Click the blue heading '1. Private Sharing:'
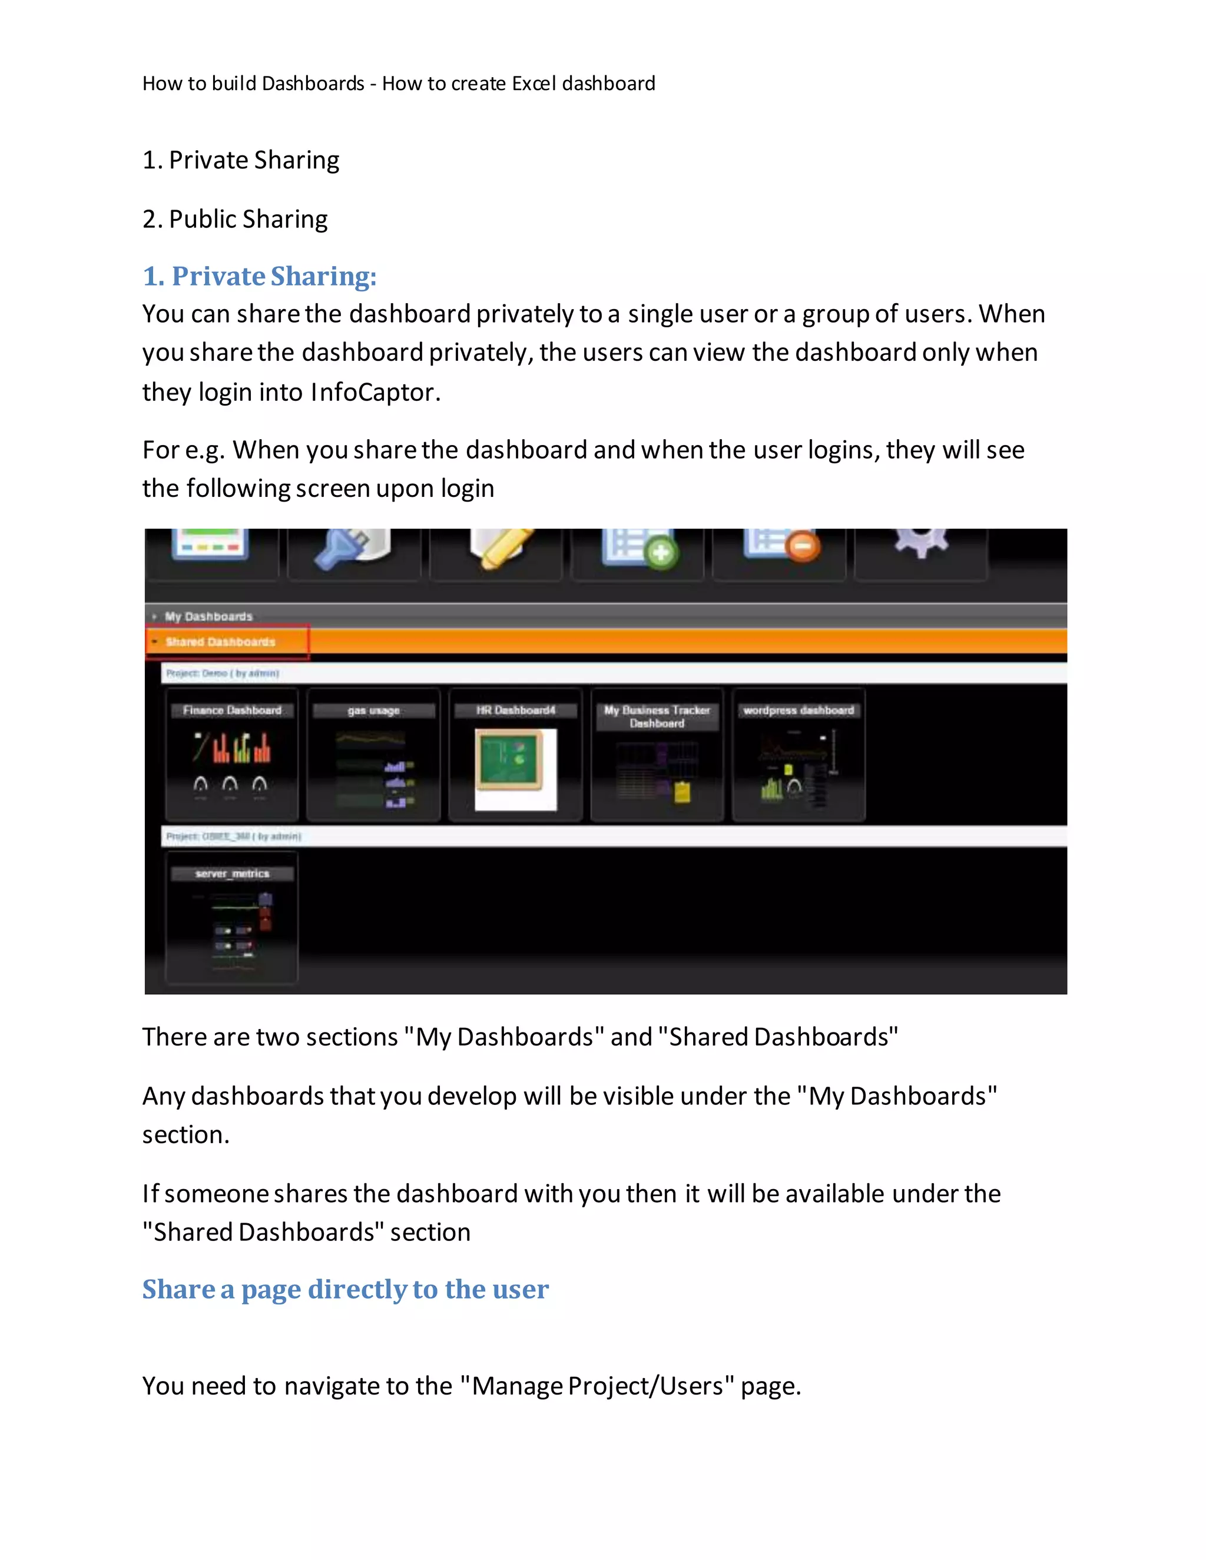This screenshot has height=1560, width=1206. pyautogui.click(x=259, y=277)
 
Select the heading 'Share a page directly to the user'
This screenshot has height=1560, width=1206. pyautogui.click(x=345, y=1289)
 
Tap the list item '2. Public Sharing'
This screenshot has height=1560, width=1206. pyautogui.click(x=235, y=218)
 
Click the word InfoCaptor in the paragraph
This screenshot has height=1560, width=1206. pyautogui.click(x=372, y=392)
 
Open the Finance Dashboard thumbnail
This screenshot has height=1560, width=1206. pyautogui.click(x=231, y=754)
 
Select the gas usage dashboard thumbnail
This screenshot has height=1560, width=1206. pyautogui.click(x=373, y=754)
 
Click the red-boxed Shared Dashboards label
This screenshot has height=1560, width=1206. pyautogui.click(x=220, y=642)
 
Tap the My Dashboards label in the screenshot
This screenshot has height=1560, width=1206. pyautogui.click(x=208, y=616)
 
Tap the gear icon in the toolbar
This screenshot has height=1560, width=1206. pyautogui.click(x=921, y=543)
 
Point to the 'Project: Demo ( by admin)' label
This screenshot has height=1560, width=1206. pyautogui.click(x=222, y=673)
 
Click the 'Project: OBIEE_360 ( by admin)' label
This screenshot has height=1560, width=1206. pyautogui.click(x=234, y=836)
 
